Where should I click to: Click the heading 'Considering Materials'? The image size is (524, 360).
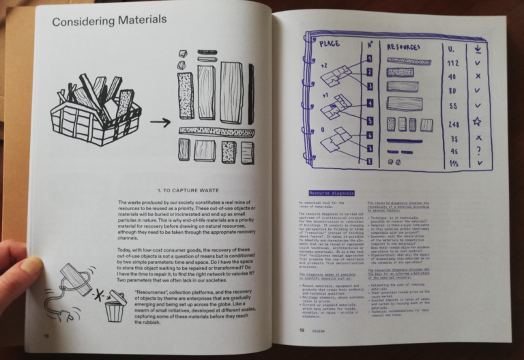109,20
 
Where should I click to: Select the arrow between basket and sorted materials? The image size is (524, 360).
160,123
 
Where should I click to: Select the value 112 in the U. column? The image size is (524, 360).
450,63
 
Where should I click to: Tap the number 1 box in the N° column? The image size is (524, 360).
369,59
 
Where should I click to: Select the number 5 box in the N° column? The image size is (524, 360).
369,121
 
